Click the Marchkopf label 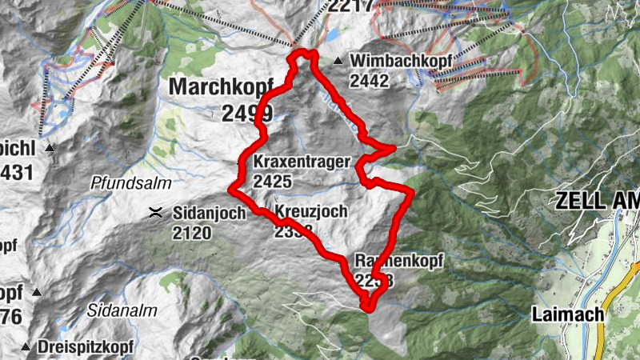221,86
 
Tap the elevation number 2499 247,113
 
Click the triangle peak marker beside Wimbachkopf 339,61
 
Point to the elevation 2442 369,80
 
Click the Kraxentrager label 302,162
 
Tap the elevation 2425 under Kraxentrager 272,182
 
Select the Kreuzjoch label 310,212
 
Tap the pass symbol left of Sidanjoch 155,213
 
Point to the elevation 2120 191,233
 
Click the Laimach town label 567,314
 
